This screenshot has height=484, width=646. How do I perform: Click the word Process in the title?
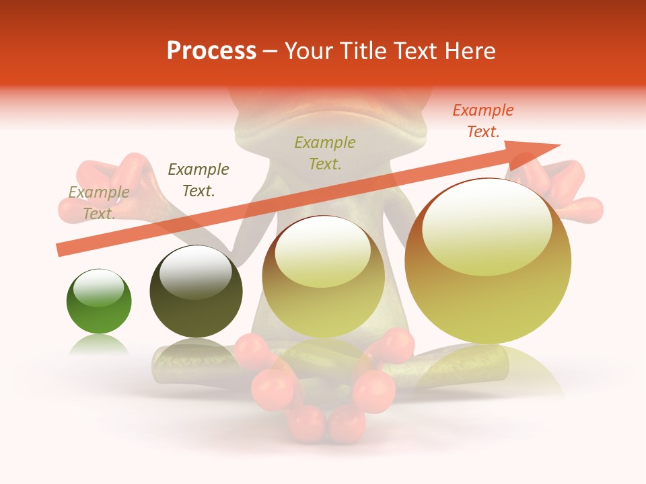211,51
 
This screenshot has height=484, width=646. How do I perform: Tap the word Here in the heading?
469,51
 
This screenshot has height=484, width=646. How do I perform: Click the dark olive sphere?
196,292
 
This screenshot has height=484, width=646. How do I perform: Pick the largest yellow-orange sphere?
488,262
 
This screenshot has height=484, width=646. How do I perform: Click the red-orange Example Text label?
482,121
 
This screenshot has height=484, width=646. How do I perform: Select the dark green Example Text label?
198,180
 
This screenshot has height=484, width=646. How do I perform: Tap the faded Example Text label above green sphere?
99,203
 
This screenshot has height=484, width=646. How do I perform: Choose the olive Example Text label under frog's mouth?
325,153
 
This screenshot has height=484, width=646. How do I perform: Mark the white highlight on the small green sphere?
98,288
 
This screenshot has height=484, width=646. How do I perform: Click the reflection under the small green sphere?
99,344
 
